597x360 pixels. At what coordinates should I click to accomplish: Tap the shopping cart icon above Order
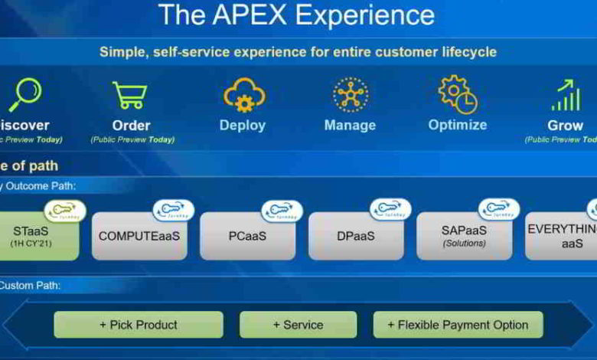pos(130,96)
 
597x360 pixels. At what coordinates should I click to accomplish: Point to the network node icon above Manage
pos(350,95)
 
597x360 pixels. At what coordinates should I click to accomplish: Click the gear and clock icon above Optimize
pos(458,94)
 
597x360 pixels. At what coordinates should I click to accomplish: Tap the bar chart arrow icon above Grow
pos(565,96)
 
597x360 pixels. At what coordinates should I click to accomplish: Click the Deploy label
pos(243,125)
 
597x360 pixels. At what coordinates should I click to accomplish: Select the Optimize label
pos(457,125)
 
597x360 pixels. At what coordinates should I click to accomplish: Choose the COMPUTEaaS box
pos(139,236)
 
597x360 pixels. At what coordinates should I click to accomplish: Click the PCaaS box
pos(246,236)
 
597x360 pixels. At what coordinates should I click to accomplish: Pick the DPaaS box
pos(356,236)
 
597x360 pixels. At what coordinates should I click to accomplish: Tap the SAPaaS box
pos(464,236)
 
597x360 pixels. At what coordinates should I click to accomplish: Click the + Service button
pos(298,325)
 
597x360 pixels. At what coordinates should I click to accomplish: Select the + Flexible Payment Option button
pos(457,325)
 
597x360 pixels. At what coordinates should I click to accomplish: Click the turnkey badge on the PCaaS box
pos(281,211)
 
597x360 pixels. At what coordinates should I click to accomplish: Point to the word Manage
pos(350,125)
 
